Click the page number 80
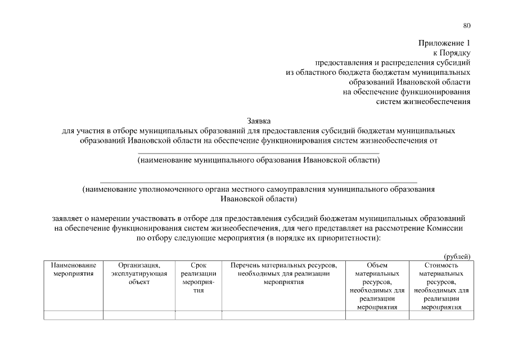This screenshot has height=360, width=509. [x=467, y=25]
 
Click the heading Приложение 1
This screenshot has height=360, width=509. [x=444, y=43]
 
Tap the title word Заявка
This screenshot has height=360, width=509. [x=259, y=121]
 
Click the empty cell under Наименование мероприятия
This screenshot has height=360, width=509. [x=74, y=315]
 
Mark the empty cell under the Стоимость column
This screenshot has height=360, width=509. [x=442, y=315]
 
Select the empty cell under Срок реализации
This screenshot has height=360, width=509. [x=199, y=315]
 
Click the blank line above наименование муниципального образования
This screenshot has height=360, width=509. [x=259, y=153]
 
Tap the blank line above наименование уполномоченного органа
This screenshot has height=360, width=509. [x=259, y=182]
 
